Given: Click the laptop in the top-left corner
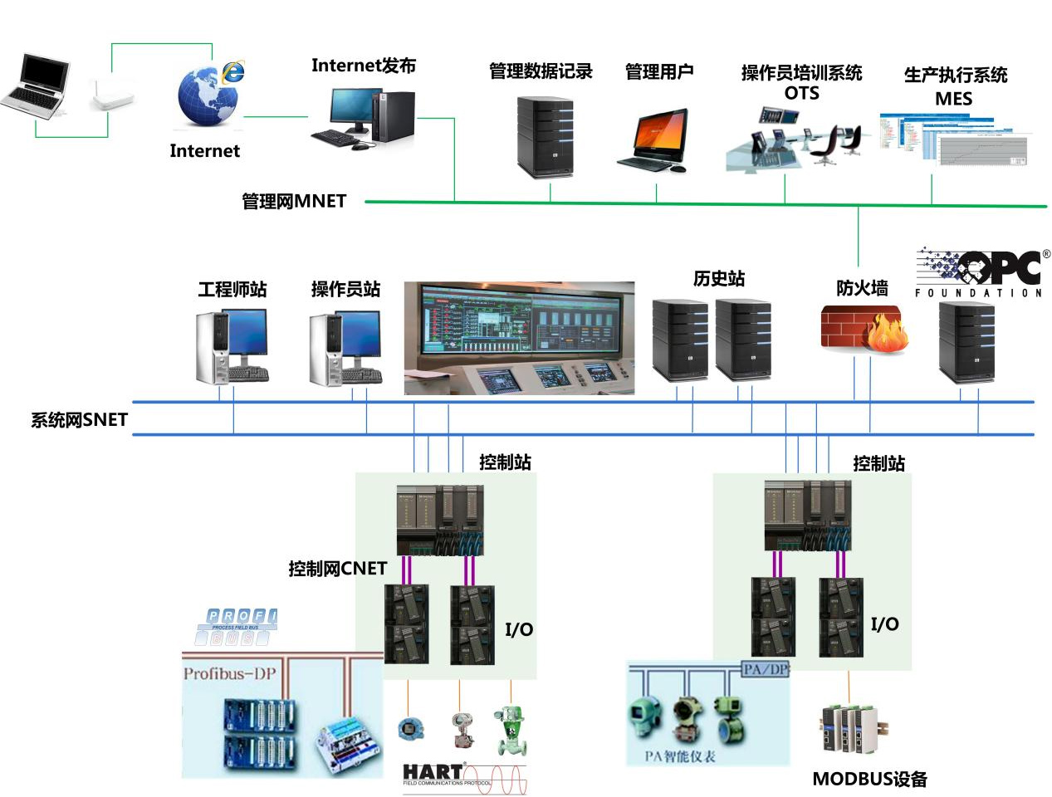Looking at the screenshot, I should point(36,84).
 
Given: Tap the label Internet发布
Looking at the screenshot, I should point(363,66).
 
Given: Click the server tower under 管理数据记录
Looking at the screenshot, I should point(545,137).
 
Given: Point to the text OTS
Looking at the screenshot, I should point(801,93).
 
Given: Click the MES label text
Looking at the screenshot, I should point(953,99).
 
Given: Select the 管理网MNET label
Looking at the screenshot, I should point(294,201).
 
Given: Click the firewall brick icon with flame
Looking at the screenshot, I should point(864,329).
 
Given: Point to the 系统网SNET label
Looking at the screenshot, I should point(80,420).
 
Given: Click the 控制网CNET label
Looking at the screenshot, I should point(337,569).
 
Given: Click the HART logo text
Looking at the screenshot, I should point(433,771).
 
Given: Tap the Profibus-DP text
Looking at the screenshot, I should point(229,673).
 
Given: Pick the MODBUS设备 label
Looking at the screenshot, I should point(869,779).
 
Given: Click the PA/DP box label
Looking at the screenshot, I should point(766,669).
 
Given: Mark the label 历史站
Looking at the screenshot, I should point(719,279).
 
